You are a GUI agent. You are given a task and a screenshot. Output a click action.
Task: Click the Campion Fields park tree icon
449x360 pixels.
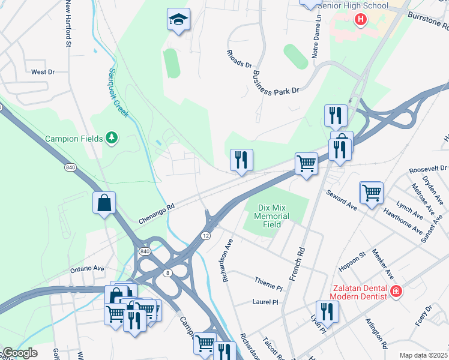pos(111,139)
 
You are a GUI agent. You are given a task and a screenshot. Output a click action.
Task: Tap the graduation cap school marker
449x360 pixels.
pos(178,20)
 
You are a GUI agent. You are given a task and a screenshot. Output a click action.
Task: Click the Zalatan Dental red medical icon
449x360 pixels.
pos(395,292)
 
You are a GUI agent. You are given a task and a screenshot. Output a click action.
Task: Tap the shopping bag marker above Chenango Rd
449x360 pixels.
pos(104,202)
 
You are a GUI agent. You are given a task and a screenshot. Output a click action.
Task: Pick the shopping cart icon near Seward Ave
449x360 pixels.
pos(372,193)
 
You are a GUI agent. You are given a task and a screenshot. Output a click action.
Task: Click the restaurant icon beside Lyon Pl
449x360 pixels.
pos(327,311)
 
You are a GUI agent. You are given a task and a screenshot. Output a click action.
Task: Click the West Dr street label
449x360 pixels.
pos(43,72)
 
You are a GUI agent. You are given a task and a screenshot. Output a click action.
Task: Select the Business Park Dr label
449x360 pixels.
pos(276,83)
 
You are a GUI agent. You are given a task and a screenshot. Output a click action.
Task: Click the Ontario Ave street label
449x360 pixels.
pos(87,269)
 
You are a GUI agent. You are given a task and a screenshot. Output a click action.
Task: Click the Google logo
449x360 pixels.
pos(20,353)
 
